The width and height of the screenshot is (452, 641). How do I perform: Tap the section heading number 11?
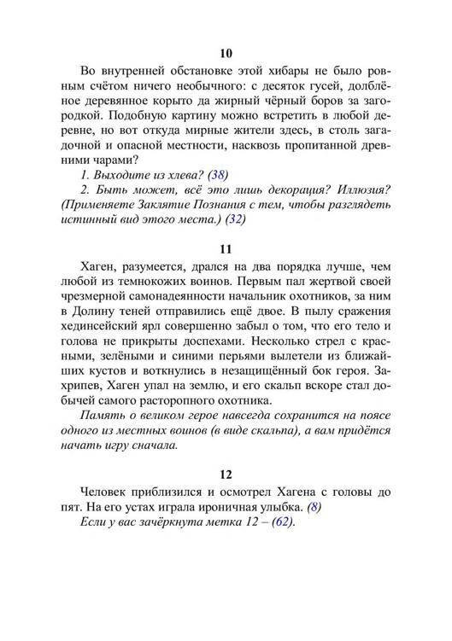click(226, 251)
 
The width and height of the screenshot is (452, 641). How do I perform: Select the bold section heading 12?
click(226, 474)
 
